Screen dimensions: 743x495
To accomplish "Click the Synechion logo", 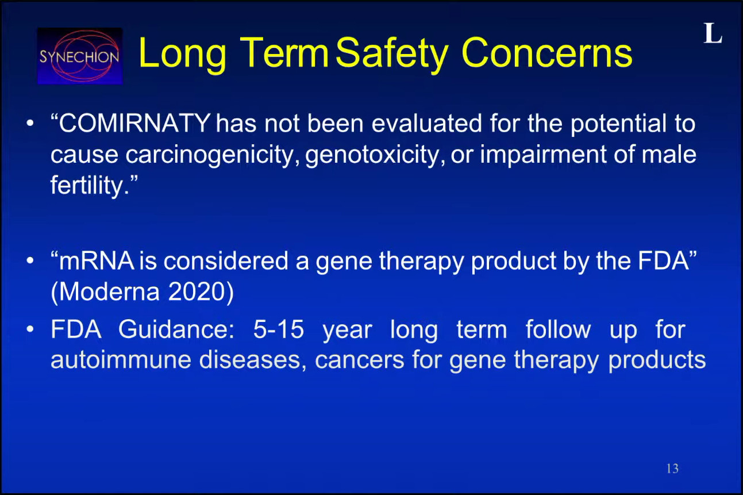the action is point(80,56).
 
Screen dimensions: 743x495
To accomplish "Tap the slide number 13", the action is point(672,469).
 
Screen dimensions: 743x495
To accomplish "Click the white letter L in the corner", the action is point(713,33).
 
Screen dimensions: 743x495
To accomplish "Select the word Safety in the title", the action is point(392,53).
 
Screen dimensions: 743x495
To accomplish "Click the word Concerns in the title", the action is point(546,53).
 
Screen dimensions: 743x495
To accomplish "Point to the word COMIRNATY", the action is point(134,124).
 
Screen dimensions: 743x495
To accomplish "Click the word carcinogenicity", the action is point(213,155).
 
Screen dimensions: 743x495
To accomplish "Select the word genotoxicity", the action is point(375,155).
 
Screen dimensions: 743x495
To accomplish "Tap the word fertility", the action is point(89,186).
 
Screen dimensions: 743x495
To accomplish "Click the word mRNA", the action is point(97,261).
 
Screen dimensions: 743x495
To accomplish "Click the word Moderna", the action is point(109,292).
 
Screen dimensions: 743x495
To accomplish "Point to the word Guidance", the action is point(176,330).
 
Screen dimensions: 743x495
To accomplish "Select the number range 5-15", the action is point(278,329).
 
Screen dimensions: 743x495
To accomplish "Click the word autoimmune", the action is point(121,360).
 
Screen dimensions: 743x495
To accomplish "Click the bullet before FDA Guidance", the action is point(30,329).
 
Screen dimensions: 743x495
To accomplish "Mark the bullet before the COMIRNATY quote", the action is point(30,124).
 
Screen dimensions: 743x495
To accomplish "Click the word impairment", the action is point(543,155).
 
